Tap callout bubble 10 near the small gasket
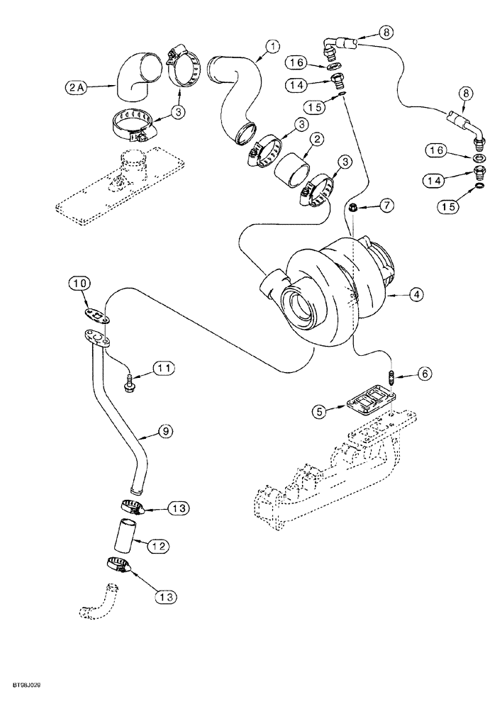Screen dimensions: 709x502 79,285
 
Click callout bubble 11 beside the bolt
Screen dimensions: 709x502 164,367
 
